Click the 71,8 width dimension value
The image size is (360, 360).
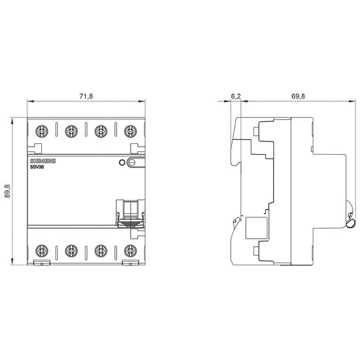click(86, 96)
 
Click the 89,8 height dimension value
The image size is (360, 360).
click(7, 191)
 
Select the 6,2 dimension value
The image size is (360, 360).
click(235, 96)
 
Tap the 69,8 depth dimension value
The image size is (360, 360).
click(298, 96)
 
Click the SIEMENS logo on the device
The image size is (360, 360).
click(43, 161)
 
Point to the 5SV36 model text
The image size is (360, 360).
click(37, 167)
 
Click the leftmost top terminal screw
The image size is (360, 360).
click(42, 131)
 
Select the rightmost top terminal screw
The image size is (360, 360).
click(131, 131)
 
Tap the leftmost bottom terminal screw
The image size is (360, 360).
click(42, 251)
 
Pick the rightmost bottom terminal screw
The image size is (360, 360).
click(131, 251)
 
